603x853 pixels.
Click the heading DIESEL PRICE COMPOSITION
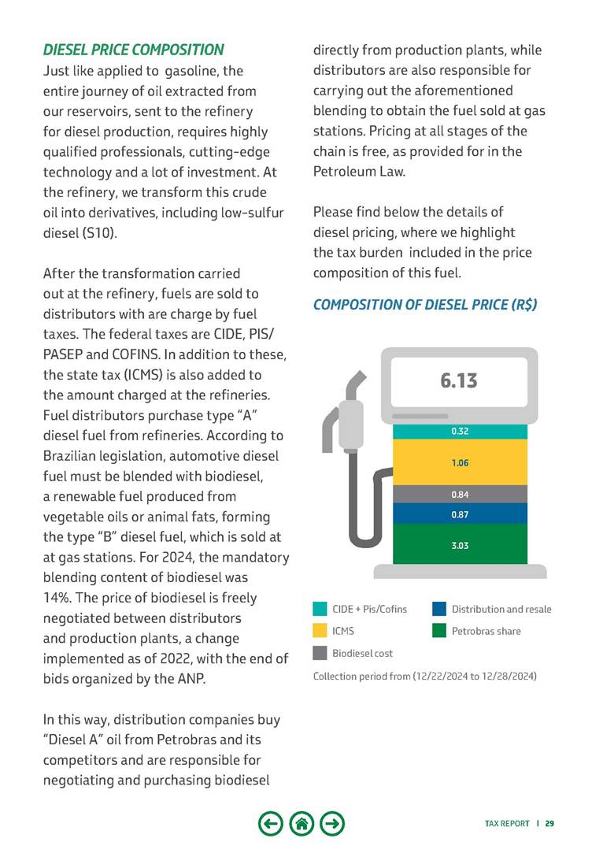coord(133,50)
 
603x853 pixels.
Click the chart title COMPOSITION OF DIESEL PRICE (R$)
coord(425,305)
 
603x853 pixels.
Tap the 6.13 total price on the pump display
coord(459,381)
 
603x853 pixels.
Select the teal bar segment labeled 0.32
coord(460,432)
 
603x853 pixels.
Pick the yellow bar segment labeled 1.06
coord(460,462)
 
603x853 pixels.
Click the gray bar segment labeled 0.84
coord(460,495)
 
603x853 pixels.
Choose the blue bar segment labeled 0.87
coord(460,514)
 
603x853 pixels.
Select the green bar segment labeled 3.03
coord(460,545)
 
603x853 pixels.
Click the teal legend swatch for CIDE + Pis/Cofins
coord(320,609)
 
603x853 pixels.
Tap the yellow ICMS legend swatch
coord(320,631)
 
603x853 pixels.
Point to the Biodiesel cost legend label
coord(362,653)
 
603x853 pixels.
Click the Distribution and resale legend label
coord(501,609)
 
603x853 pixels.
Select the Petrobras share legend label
coord(486,631)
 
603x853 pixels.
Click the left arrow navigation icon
coord(270,824)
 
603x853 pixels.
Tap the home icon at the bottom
coord(301,824)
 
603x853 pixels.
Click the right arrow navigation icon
coord(333,824)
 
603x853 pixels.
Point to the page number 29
coord(549,824)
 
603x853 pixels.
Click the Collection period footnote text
coord(425,676)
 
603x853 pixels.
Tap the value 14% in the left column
coord(57,597)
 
